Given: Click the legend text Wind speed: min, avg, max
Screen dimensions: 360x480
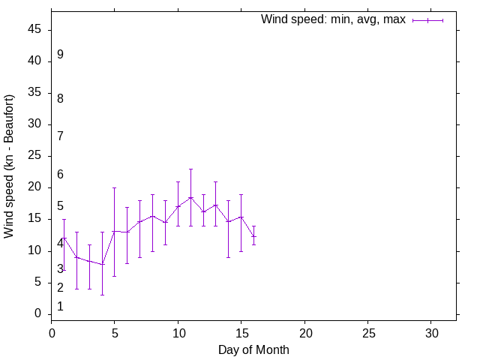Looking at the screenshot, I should [x=333, y=19].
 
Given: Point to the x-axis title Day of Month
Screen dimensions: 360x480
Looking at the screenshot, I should [x=253, y=349].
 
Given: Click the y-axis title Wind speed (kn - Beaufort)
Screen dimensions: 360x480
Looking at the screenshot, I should [x=9, y=166].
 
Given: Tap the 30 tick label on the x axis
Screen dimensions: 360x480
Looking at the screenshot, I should [x=431, y=331].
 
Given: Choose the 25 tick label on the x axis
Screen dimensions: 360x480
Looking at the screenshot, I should [x=367, y=331].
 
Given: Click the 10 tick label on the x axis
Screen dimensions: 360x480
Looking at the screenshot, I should [x=178, y=331].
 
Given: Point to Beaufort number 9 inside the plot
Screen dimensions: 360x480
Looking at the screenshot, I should [x=60, y=55].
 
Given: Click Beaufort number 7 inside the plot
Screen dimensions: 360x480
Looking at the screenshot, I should [x=60, y=136].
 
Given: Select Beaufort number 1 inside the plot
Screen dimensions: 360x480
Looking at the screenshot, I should [x=60, y=306].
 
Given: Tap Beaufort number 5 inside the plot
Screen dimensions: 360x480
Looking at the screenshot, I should [x=60, y=206].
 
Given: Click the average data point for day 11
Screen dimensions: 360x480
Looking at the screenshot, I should [x=190, y=197].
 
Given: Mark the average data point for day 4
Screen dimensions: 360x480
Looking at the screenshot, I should [x=102, y=264].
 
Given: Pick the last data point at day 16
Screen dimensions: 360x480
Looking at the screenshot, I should [x=253, y=236].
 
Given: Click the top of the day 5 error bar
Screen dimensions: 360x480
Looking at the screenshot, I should [x=115, y=187].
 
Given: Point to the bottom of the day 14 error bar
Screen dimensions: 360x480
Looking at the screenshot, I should [x=228, y=257].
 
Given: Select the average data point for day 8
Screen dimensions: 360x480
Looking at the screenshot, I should [x=152, y=216].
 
